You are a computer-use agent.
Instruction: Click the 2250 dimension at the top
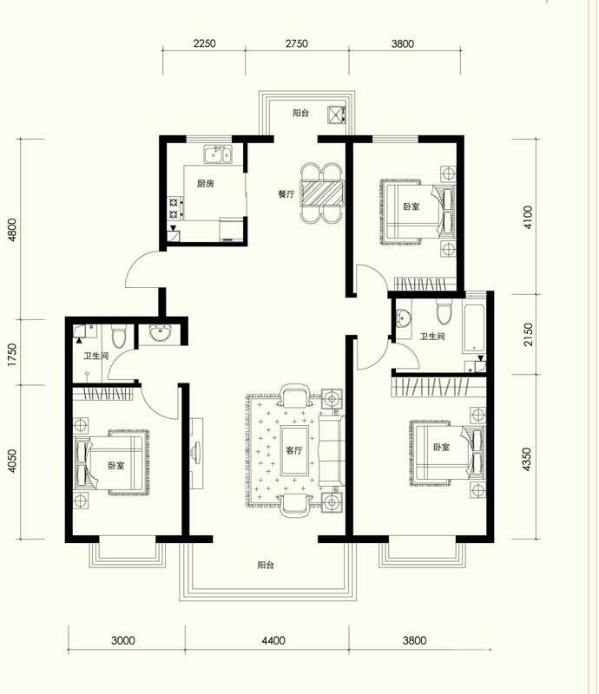tap(205, 43)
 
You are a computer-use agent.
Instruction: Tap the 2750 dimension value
tap(296, 43)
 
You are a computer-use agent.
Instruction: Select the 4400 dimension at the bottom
tap(273, 640)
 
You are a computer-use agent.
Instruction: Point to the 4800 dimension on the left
tap(12, 230)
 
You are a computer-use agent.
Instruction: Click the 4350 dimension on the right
tap(526, 459)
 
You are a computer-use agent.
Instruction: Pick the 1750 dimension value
tap(12, 354)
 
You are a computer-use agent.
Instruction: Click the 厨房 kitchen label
tap(205, 183)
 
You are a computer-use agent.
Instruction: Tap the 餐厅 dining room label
tap(286, 193)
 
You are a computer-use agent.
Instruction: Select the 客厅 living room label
tap(293, 450)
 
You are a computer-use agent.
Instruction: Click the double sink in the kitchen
tap(218, 154)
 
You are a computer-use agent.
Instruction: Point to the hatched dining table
tap(322, 193)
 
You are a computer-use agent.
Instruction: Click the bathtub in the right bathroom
tap(474, 327)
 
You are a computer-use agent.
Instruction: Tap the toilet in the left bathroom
tap(118, 336)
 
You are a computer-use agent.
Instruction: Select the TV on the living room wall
tap(196, 453)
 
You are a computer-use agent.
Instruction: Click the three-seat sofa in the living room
tap(331, 450)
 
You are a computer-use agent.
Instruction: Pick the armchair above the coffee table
tap(294, 396)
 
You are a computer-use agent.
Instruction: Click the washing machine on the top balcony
tap(337, 115)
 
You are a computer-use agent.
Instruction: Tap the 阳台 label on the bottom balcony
tap(266, 565)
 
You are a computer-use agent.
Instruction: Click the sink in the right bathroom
tap(403, 318)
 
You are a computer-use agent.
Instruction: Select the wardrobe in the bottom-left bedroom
tap(102, 394)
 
